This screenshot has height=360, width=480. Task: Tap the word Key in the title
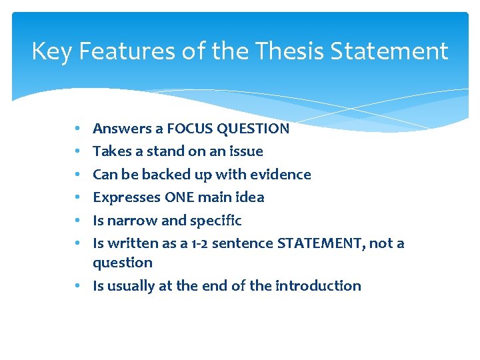tap(51, 51)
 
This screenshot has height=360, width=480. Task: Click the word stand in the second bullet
tap(165, 151)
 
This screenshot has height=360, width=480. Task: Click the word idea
tap(250, 197)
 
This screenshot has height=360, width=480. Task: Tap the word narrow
tap(132, 221)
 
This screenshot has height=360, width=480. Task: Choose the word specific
tap(215, 221)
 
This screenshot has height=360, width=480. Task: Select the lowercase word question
tap(123, 263)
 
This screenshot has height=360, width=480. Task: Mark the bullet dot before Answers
tap(79, 129)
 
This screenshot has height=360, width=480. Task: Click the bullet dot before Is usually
tap(79, 286)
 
